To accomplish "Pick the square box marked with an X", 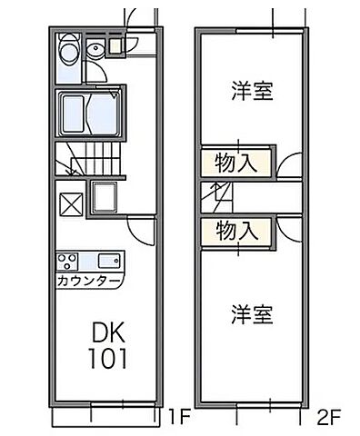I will pyautogui.click(x=71, y=200).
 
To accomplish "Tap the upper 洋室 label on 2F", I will pyautogui.click(x=252, y=92).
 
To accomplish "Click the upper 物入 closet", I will pyautogui.click(x=236, y=163).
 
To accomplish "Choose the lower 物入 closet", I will pyautogui.click(x=236, y=230).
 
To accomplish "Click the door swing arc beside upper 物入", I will pyautogui.click(x=289, y=164).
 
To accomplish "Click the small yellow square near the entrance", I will pyautogui.click(x=115, y=44).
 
